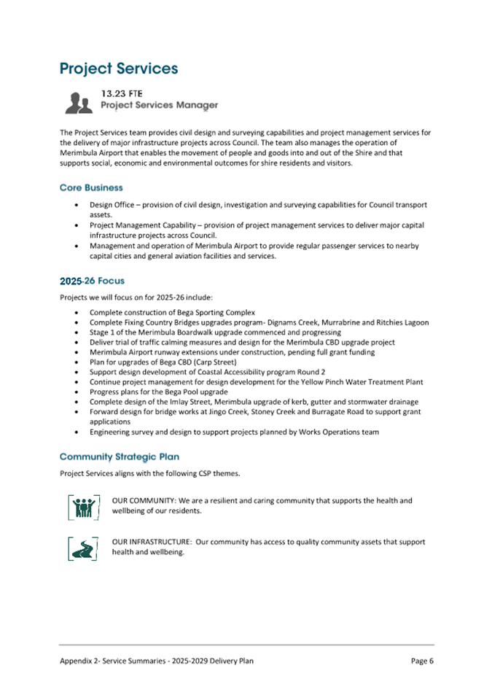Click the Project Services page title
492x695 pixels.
(119, 69)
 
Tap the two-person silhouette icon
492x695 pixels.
(79, 103)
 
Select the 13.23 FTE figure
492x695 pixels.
(121, 93)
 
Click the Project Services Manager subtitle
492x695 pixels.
(159, 106)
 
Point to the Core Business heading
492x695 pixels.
(91, 187)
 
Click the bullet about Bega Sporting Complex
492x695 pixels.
(172, 312)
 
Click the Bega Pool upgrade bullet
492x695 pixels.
(158, 392)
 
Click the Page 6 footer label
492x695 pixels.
(422, 661)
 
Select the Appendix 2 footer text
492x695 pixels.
(157, 661)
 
